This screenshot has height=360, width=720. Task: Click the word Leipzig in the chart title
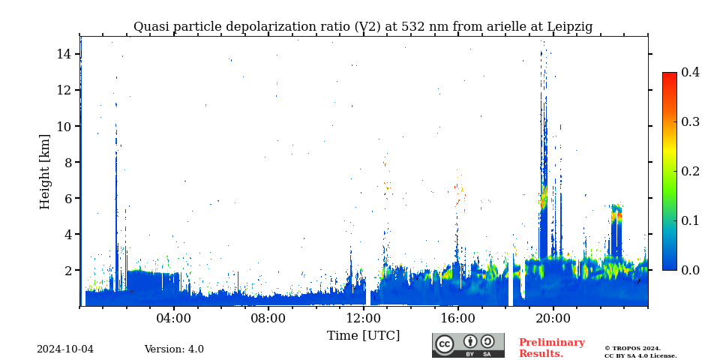[568, 27]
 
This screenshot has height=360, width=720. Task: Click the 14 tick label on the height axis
[63, 54]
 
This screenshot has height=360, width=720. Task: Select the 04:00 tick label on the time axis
[174, 318]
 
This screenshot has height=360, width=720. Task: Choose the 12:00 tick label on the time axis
[363, 318]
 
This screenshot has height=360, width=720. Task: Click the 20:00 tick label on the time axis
[553, 318]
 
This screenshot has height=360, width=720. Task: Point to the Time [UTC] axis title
[363, 335]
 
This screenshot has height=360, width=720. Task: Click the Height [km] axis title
[45, 171]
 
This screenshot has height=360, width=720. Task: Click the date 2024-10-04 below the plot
[65, 349]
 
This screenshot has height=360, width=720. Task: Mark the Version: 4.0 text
[174, 349]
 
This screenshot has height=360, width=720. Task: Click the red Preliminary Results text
[551, 348]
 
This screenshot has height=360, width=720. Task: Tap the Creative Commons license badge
[468, 345]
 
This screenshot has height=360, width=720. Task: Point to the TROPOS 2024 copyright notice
[632, 348]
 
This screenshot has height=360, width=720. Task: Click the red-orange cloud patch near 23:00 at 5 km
[616, 216]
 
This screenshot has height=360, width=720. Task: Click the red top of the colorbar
[669, 77]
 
